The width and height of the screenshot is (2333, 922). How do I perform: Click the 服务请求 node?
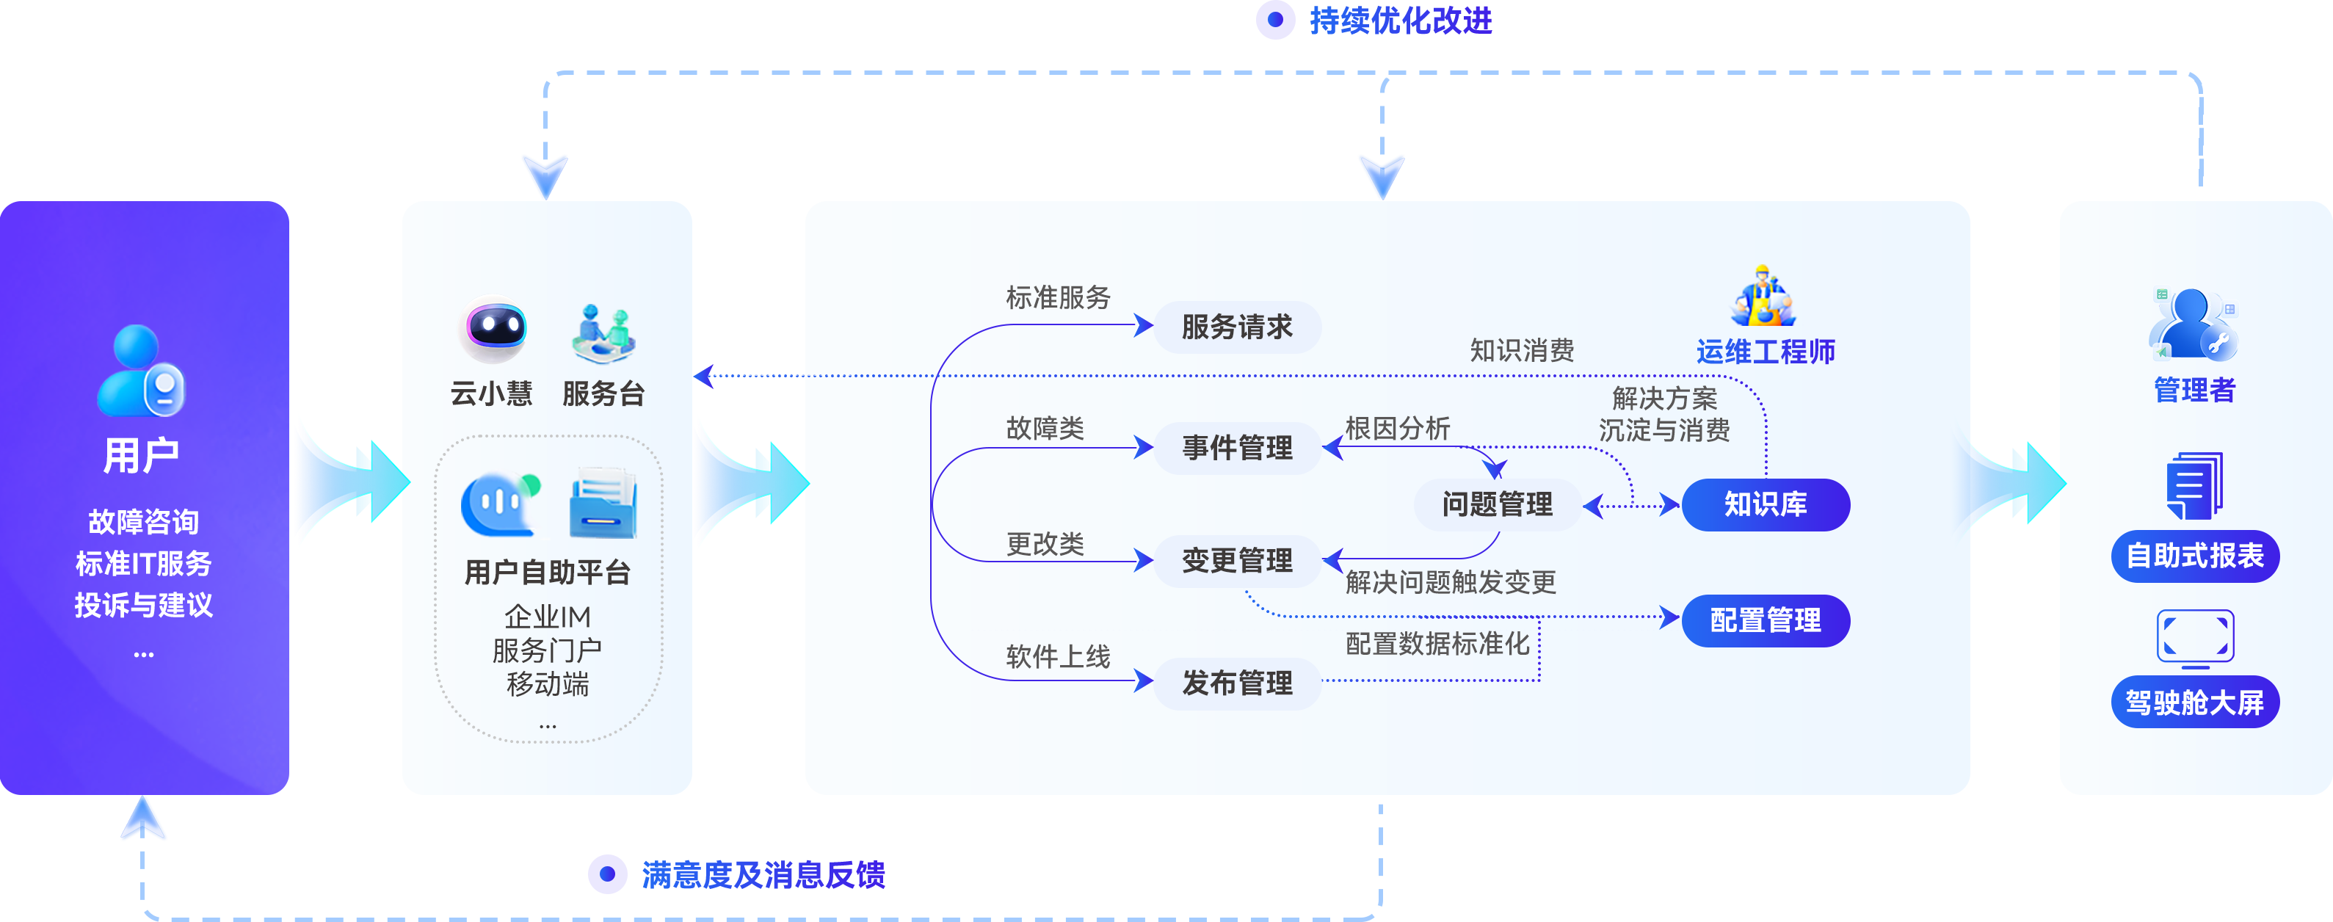[1237, 327]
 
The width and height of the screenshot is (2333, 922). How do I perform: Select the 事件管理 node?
[1237, 447]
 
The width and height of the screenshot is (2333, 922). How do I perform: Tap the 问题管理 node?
[1497, 504]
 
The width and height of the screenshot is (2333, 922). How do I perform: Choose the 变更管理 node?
[1237, 561]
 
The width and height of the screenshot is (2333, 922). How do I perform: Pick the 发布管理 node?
[1237, 683]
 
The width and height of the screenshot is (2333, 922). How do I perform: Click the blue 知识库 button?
[1765, 504]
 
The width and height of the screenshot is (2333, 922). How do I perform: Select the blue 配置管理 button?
[1765, 620]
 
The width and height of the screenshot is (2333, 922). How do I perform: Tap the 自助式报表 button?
[2194, 556]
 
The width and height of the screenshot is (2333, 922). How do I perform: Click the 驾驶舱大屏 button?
[2194, 702]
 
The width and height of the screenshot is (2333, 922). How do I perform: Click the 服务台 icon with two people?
[604, 333]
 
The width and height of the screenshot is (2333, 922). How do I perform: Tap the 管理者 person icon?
[2192, 325]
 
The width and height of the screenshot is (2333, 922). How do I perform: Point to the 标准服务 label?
[1058, 297]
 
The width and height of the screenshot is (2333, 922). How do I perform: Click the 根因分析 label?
[1398, 429]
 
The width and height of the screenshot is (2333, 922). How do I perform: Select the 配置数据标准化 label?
[1437, 644]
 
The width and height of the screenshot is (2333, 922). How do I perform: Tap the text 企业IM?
[547, 617]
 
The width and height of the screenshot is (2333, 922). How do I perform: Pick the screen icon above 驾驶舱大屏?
[2194, 638]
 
